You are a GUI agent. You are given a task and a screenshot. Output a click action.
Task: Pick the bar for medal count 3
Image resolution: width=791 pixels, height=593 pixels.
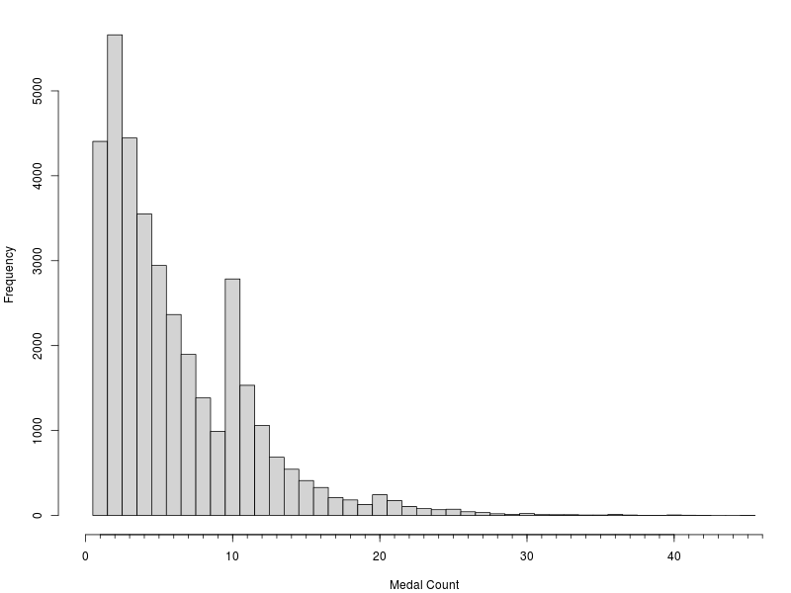[x=130, y=327]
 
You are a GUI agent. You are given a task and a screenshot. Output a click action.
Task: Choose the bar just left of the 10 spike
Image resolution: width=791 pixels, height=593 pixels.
[x=218, y=473]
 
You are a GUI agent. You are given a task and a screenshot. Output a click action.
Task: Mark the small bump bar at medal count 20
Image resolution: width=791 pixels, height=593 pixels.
[x=380, y=505]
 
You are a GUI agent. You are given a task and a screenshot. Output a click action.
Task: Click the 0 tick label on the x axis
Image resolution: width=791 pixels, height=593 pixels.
[x=86, y=555]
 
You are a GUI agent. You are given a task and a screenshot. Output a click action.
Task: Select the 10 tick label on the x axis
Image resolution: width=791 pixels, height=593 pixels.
[x=232, y=555]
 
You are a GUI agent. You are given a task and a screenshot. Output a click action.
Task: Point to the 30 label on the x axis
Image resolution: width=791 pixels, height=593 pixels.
[x=526, y=555]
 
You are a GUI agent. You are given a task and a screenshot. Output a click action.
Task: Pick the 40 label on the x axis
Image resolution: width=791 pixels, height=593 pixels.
[x=673, y=555]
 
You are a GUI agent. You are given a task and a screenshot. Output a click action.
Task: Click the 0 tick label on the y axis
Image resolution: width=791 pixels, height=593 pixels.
[x=37, y=515]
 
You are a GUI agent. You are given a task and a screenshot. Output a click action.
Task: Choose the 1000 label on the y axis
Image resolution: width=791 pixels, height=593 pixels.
[x=37, y=430]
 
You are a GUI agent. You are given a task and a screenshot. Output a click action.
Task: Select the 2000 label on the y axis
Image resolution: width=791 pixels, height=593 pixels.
[x=37, y=345]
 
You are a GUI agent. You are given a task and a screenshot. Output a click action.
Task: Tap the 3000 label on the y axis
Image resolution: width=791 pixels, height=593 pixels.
[x=37, y=261]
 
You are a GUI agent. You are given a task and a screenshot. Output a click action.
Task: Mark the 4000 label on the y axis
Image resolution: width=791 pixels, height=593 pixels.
[x=37, y=176]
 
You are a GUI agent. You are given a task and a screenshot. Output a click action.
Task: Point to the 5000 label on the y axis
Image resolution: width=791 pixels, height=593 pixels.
[x=37, y=91]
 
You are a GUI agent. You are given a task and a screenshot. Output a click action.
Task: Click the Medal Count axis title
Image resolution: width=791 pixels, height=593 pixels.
[x=424, y=585]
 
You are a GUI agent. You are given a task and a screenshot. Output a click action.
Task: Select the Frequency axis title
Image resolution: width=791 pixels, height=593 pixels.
[x=9, y=275]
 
